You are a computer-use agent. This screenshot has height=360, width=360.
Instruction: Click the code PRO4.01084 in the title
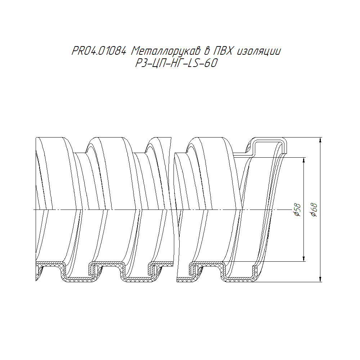click(x=99, y=51)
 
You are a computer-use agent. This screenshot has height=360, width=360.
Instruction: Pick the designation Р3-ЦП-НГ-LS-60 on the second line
click(x=176, y=63)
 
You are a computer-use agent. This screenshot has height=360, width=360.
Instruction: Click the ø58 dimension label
click(x=297, y=210)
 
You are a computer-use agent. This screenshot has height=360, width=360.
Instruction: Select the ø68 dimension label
click(x=314, y=210)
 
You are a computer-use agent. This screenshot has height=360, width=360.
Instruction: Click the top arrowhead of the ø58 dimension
click(x=304, y=160)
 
